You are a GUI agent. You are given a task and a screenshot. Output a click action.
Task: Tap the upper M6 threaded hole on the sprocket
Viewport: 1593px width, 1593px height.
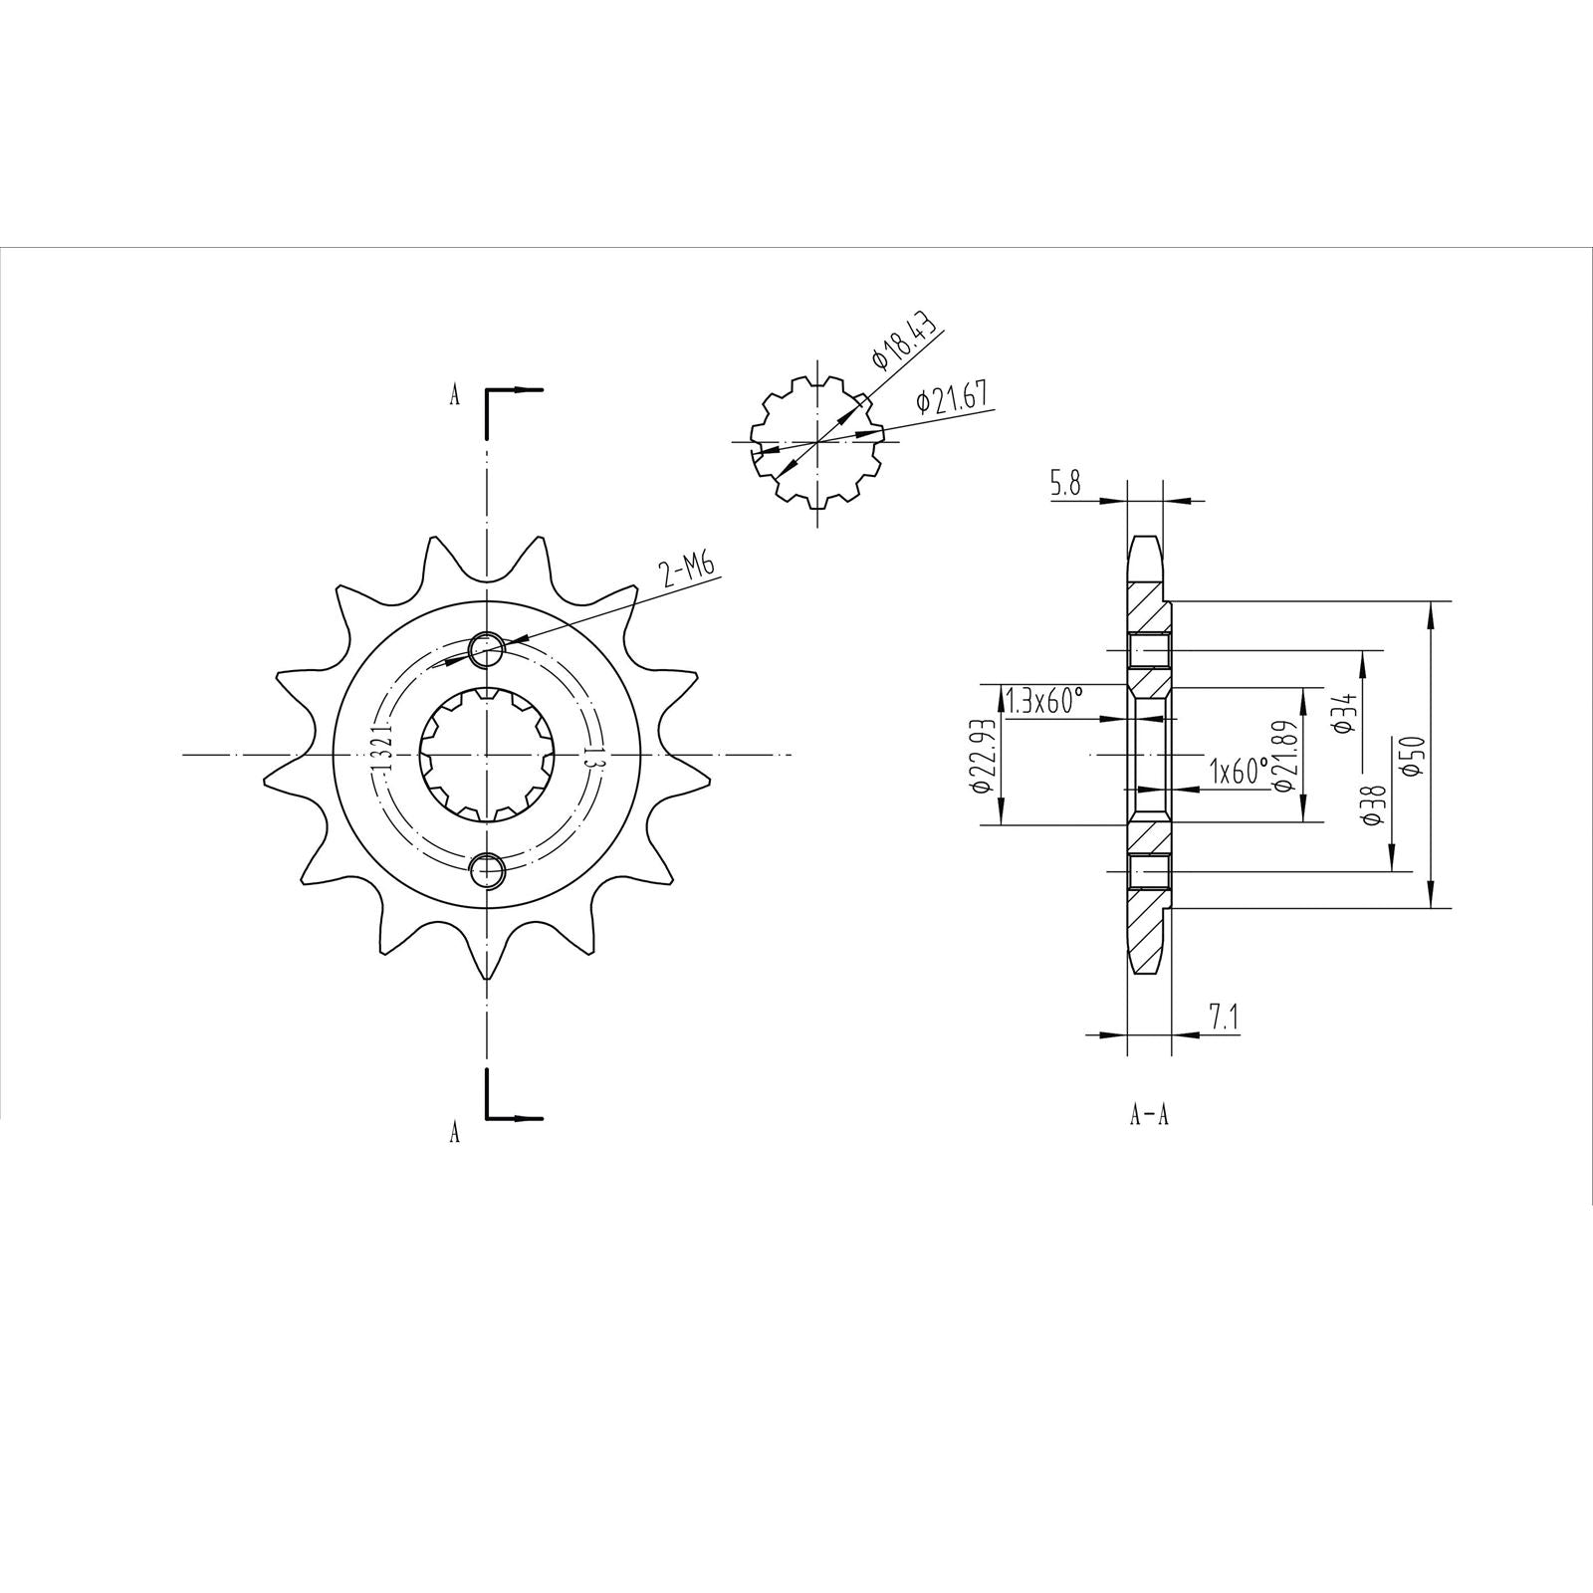pos(487,650)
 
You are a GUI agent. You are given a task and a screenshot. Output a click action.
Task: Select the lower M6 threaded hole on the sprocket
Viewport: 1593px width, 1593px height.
pos(487,870)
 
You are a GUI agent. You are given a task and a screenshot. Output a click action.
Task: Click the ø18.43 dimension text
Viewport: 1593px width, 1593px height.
pos(904,344)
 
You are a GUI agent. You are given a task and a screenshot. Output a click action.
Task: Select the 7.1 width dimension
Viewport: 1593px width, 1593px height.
pos(1224,1017)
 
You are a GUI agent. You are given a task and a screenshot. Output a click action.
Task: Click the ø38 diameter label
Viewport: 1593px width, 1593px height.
pos(1374,804)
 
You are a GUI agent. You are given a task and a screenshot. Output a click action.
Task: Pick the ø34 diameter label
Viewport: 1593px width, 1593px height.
pos(1344,713)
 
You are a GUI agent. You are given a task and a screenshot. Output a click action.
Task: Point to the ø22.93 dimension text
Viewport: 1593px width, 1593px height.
pos(981,756)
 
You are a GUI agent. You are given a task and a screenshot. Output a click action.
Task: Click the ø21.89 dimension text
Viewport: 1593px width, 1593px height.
pos(1283,757)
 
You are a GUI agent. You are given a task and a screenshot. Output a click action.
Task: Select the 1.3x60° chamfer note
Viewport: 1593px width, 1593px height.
pos(1042,701)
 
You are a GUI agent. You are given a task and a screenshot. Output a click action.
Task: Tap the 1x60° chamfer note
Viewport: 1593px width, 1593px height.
pos(1239,770)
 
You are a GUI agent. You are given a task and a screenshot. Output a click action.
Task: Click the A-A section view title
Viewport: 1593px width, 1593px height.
pos(1148,1116)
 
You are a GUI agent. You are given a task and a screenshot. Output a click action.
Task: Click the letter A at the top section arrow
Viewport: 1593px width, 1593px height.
pos(455,396)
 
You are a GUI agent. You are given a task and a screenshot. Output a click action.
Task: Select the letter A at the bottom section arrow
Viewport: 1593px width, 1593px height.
pos(455,1132)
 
